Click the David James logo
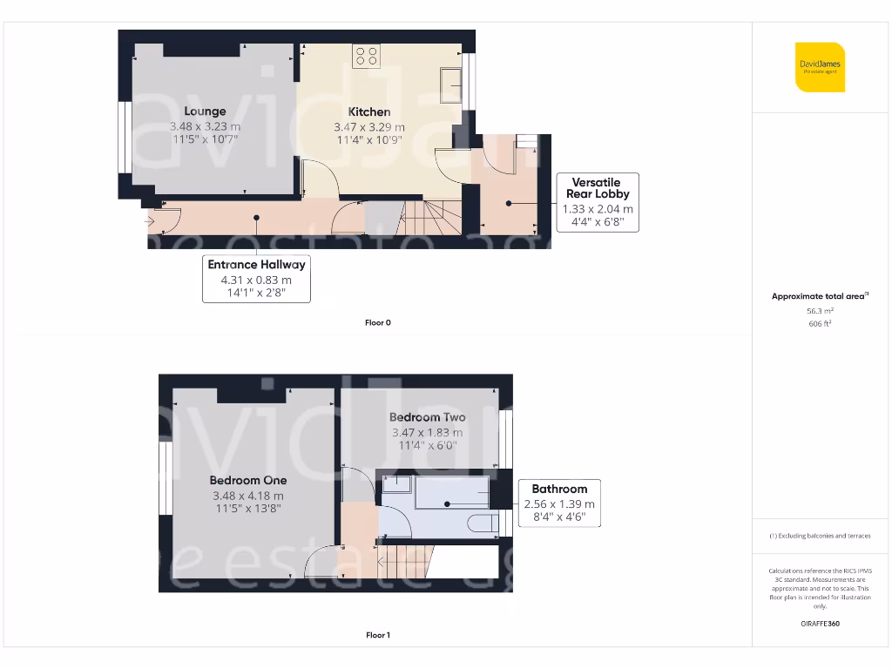(x=820, y=67)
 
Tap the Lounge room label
(x=205, y=111)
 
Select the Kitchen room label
(x=369, y=111)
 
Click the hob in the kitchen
(x=366, y=57)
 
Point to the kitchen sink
(x=450, y=85)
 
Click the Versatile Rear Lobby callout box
(x=599, y=202)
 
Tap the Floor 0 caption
(x=377, y=323)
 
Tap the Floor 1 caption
(x=377, y=636)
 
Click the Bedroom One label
(x=247, y=480)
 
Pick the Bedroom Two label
(x=427, y=417)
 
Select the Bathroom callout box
(x=559, y=503)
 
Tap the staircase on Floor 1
(x=405, y=558)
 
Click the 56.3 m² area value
(x=820, y=310)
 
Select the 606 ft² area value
(x=820, y=323)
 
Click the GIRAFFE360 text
(x=820, y=624)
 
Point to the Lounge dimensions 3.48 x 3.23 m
(x=205, y=126)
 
